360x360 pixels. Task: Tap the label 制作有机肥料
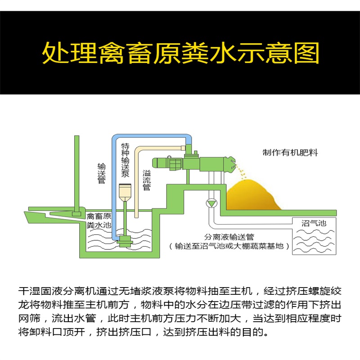tap(290, 153)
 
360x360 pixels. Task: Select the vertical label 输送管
tap(101, 173)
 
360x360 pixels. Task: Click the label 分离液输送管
tap(230, 237)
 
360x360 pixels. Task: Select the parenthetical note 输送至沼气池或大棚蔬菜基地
tap(229, 246)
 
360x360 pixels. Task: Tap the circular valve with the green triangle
tap(211, 203)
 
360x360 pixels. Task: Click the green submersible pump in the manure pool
tap(123, 241)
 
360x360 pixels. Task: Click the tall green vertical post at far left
tap(75, 171)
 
